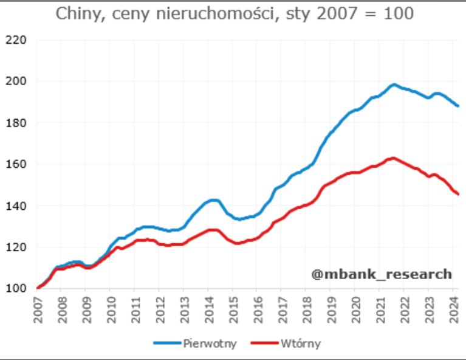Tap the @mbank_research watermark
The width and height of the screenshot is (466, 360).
tap(382, 274)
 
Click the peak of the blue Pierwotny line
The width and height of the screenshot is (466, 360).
tap(394, 85)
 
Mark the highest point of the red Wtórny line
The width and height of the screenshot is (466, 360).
tap(393, 158)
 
